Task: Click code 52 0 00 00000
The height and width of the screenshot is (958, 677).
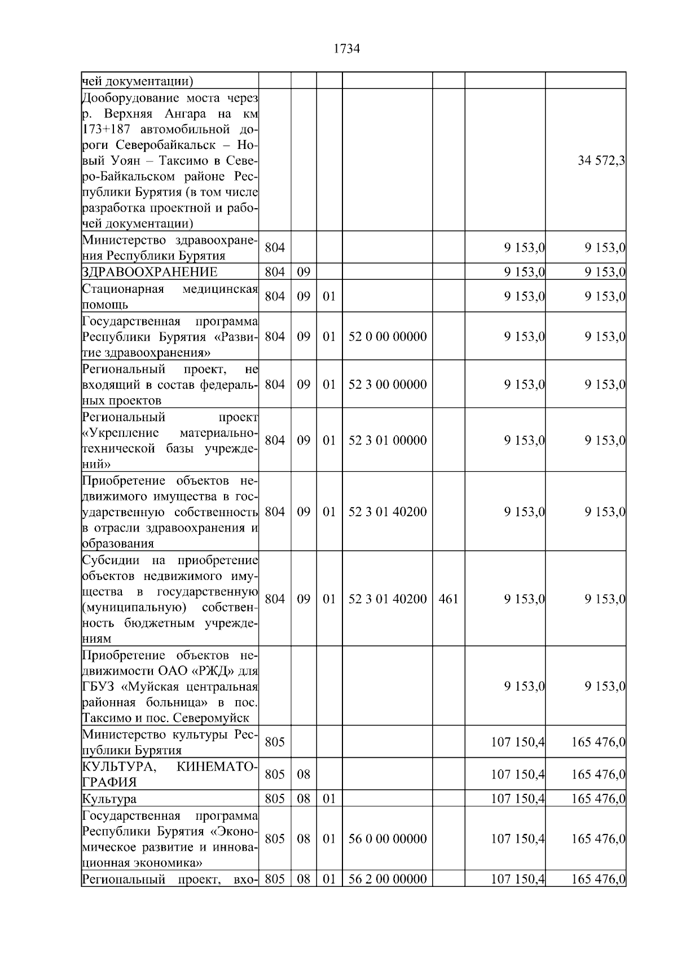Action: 387,337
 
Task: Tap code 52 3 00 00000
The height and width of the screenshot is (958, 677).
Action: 387,385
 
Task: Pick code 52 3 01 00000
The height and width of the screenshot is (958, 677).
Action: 387,440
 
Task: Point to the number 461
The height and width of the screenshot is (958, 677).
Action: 448,599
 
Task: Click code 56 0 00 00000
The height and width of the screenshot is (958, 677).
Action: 387,839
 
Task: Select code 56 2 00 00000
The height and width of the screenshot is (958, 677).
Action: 387,879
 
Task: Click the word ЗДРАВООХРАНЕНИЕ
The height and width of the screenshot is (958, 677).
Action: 150,272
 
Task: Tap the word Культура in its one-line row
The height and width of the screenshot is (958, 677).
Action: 109,799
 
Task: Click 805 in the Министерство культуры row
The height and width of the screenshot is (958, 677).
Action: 275,742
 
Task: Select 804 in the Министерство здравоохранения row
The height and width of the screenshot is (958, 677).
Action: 275,247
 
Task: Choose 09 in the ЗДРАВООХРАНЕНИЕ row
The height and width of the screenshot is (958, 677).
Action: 304,272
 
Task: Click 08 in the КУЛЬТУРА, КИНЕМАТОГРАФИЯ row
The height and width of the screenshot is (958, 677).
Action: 304,774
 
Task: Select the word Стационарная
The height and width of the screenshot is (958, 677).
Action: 123,289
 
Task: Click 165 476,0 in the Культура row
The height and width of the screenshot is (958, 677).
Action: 598,799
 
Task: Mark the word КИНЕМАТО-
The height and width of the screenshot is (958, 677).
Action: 217,767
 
